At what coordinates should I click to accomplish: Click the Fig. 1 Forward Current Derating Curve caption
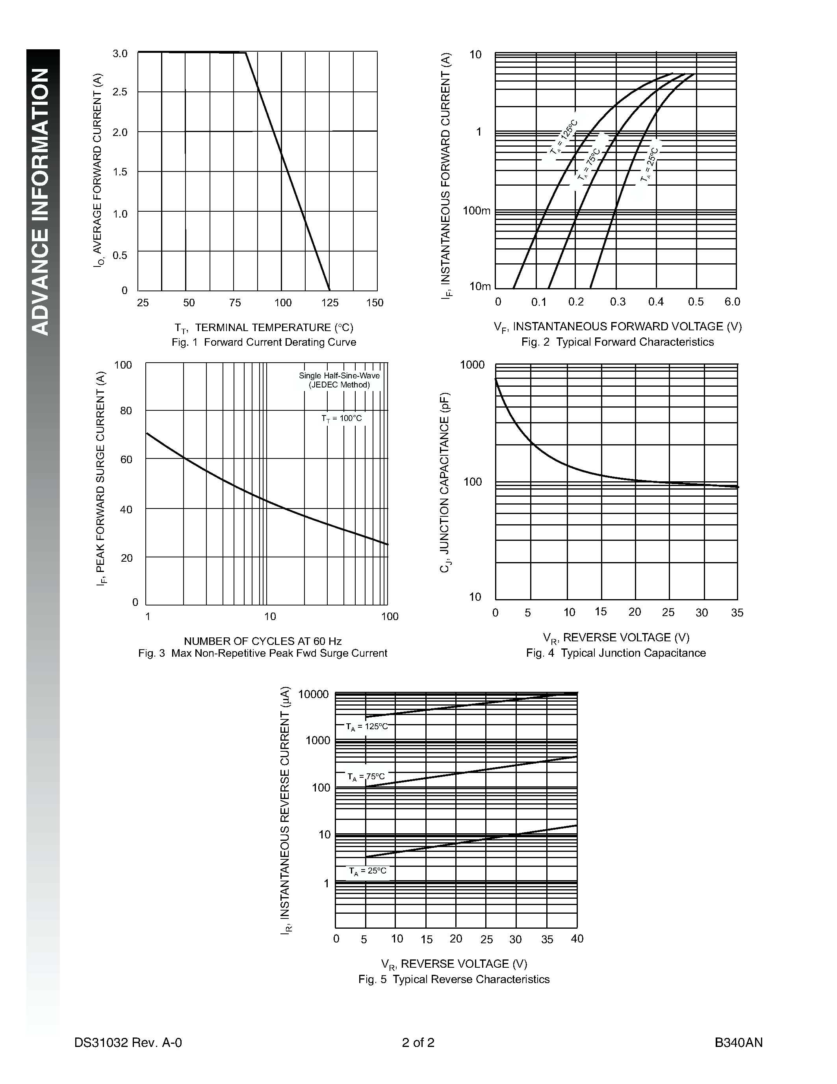pyautogui.click(x=264, y=342)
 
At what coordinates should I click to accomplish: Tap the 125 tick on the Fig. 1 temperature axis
pyautogui.click(x=330, y=303)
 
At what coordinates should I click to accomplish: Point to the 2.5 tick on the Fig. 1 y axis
pyautogui.click(x=120, y=92)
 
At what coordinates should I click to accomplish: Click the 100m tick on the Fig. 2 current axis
pyautogui.click(x=477, y=211)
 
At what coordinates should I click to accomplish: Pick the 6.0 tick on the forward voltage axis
pyautogui.click(x=732, y=302)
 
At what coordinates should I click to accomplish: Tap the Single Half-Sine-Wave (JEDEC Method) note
pyautogui.click(x=339, y=380)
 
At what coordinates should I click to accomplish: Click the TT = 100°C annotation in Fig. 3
pyautogui.click(x=341, y=418)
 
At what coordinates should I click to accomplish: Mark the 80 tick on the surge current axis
pyautogui.click(x=126, y=410)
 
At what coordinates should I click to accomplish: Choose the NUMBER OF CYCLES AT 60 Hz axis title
pyautogui.click(x=263, y=641)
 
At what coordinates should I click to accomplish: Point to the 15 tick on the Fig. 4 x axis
pyautogui.click(x=601, y=611)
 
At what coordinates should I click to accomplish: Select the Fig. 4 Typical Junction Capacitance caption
pyautogui.click(x=616, y=653)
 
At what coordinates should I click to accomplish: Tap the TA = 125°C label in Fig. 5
pyautogui.click(x=367, y=726)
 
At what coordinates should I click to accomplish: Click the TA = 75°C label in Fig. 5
pyautogui.click(x=366, y=776)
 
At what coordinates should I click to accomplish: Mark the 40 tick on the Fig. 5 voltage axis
pyautogui.click(x=577, y=939)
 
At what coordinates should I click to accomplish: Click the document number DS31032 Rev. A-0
pyautogui.click(x=128, y=1042)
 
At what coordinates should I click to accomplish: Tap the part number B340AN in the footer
pyautogui.click(x=738, y=1042)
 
